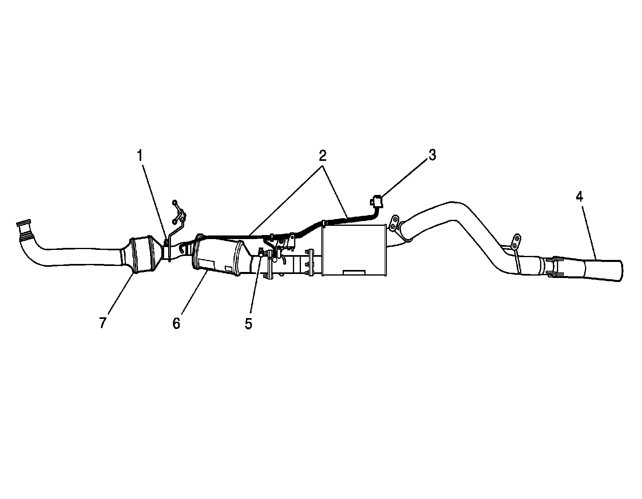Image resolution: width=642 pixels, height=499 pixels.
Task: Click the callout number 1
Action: tap(140, 156)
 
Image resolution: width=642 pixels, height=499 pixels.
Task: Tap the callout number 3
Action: tap(431, 155)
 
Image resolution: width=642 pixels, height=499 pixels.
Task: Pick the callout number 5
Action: tap(248, 323)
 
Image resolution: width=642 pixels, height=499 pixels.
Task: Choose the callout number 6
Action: tap(177, 323)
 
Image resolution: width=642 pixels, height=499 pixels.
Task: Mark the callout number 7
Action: tap(103, 323)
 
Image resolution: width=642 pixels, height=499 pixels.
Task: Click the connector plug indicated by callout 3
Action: tap(377, 200)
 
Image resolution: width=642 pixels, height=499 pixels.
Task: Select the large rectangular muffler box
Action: tap(353, 250)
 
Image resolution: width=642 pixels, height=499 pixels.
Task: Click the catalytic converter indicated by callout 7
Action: tap(144, 255)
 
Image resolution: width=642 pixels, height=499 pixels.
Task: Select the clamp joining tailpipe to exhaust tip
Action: tap(551, 266)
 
